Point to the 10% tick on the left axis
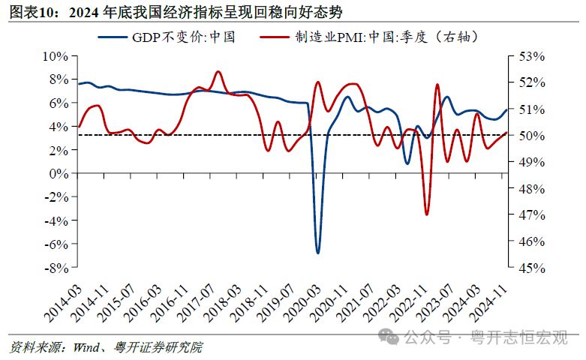tap(56, 55)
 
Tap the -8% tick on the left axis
tap(56, 268)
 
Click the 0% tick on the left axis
tap(59, 173)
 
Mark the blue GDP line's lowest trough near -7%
tap(317, 253)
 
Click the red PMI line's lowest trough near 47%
tap(427, 214)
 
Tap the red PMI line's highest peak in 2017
tap(218, 72)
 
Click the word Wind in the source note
tap(84, 348)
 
